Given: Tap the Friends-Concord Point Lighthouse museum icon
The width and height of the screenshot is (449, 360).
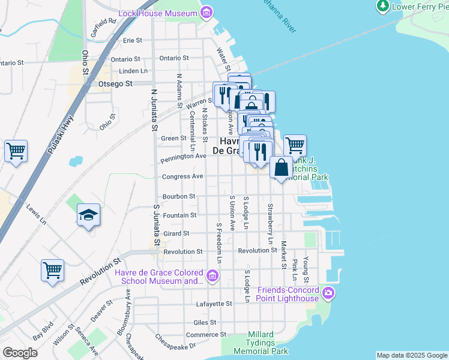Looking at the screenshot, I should click(x=328, y=293).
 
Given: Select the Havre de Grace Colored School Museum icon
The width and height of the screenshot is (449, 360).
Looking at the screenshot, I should click(x=211, y=275).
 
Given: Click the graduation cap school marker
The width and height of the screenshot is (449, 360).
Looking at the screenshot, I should click(x=89, y=216).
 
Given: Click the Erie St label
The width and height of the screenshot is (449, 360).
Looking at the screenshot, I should click(x=132, y=41).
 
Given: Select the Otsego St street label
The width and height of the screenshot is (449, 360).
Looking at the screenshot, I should click(x=115, y=84).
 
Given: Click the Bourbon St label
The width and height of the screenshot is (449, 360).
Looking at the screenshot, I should click(x=179, y=196).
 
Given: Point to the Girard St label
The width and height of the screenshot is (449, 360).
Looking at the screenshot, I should click(x=177, y=233).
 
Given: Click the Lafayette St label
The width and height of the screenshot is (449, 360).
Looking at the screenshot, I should click(x=214, y=304).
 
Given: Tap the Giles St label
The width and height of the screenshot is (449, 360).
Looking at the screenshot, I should click(x=205, y=322).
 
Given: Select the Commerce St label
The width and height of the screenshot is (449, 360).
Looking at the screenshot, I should click(x=206, y=334).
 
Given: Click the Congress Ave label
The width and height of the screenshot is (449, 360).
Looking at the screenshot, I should click(x=182, y=177).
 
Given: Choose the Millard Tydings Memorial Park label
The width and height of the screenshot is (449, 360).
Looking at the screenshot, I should click(x=261, y=343).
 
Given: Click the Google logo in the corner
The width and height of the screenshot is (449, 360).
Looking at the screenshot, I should click(x=20, y=353).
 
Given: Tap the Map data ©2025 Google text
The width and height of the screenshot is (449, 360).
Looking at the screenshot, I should click(x=411, y=355).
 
